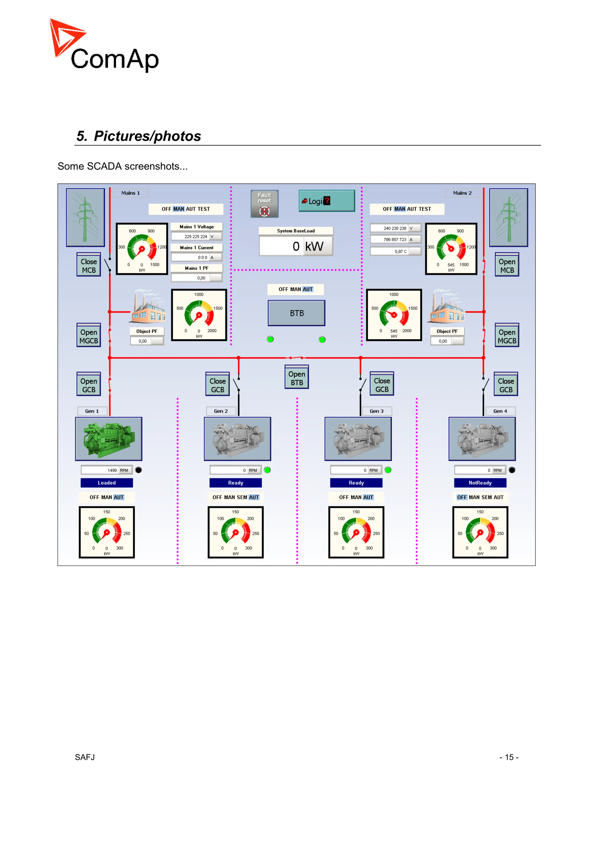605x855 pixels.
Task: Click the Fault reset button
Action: point(264,204)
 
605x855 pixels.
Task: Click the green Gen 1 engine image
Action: point(108,439)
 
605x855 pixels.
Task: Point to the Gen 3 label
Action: point(376,411)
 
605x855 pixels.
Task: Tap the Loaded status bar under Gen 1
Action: point(107,483)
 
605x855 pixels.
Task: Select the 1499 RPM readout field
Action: point(107,470)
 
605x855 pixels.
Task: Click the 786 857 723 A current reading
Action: point(395,239)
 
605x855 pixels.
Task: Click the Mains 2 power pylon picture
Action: point(508,218)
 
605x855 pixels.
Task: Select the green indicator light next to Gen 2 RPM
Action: point(267,470)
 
